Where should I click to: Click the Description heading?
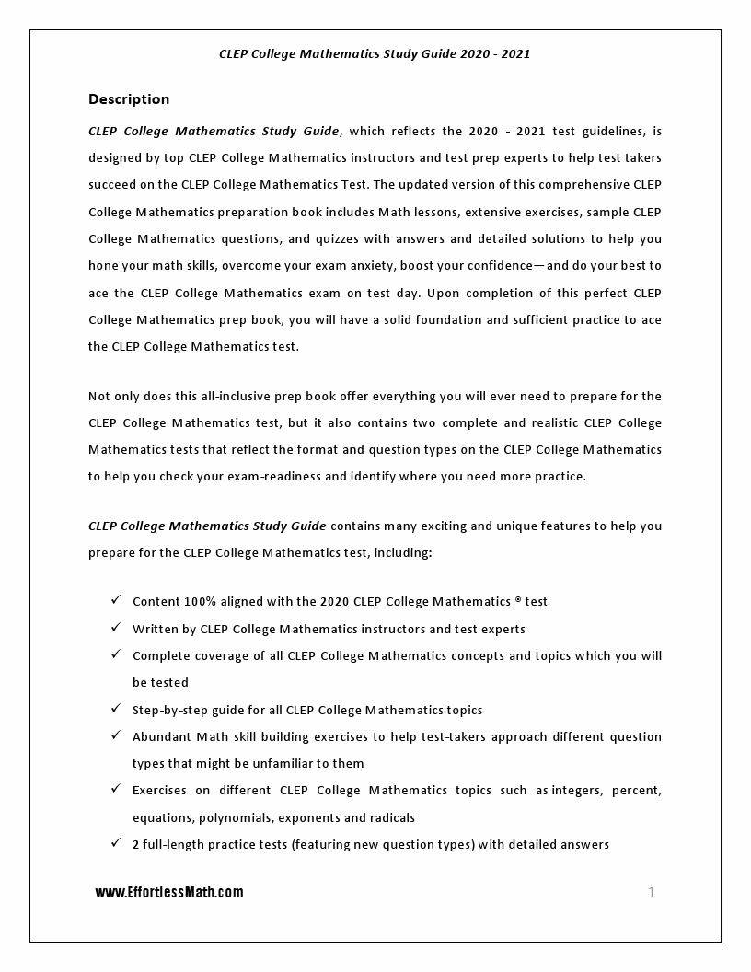[129, 99]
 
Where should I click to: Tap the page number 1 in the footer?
[652, 892]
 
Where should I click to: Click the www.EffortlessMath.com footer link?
[169, 892]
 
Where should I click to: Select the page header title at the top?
[375, 53]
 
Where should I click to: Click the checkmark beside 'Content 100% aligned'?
[116, 600]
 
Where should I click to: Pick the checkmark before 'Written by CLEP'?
[116, 628]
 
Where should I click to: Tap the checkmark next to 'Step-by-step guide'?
[116, 709]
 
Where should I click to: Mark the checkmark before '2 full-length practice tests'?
[116, 843]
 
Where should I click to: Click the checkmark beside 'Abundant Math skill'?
[116, 735]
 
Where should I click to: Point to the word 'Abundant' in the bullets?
[161, 736]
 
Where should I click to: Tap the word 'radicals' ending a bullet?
[391, 817]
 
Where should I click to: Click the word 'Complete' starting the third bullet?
[161, 656]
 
